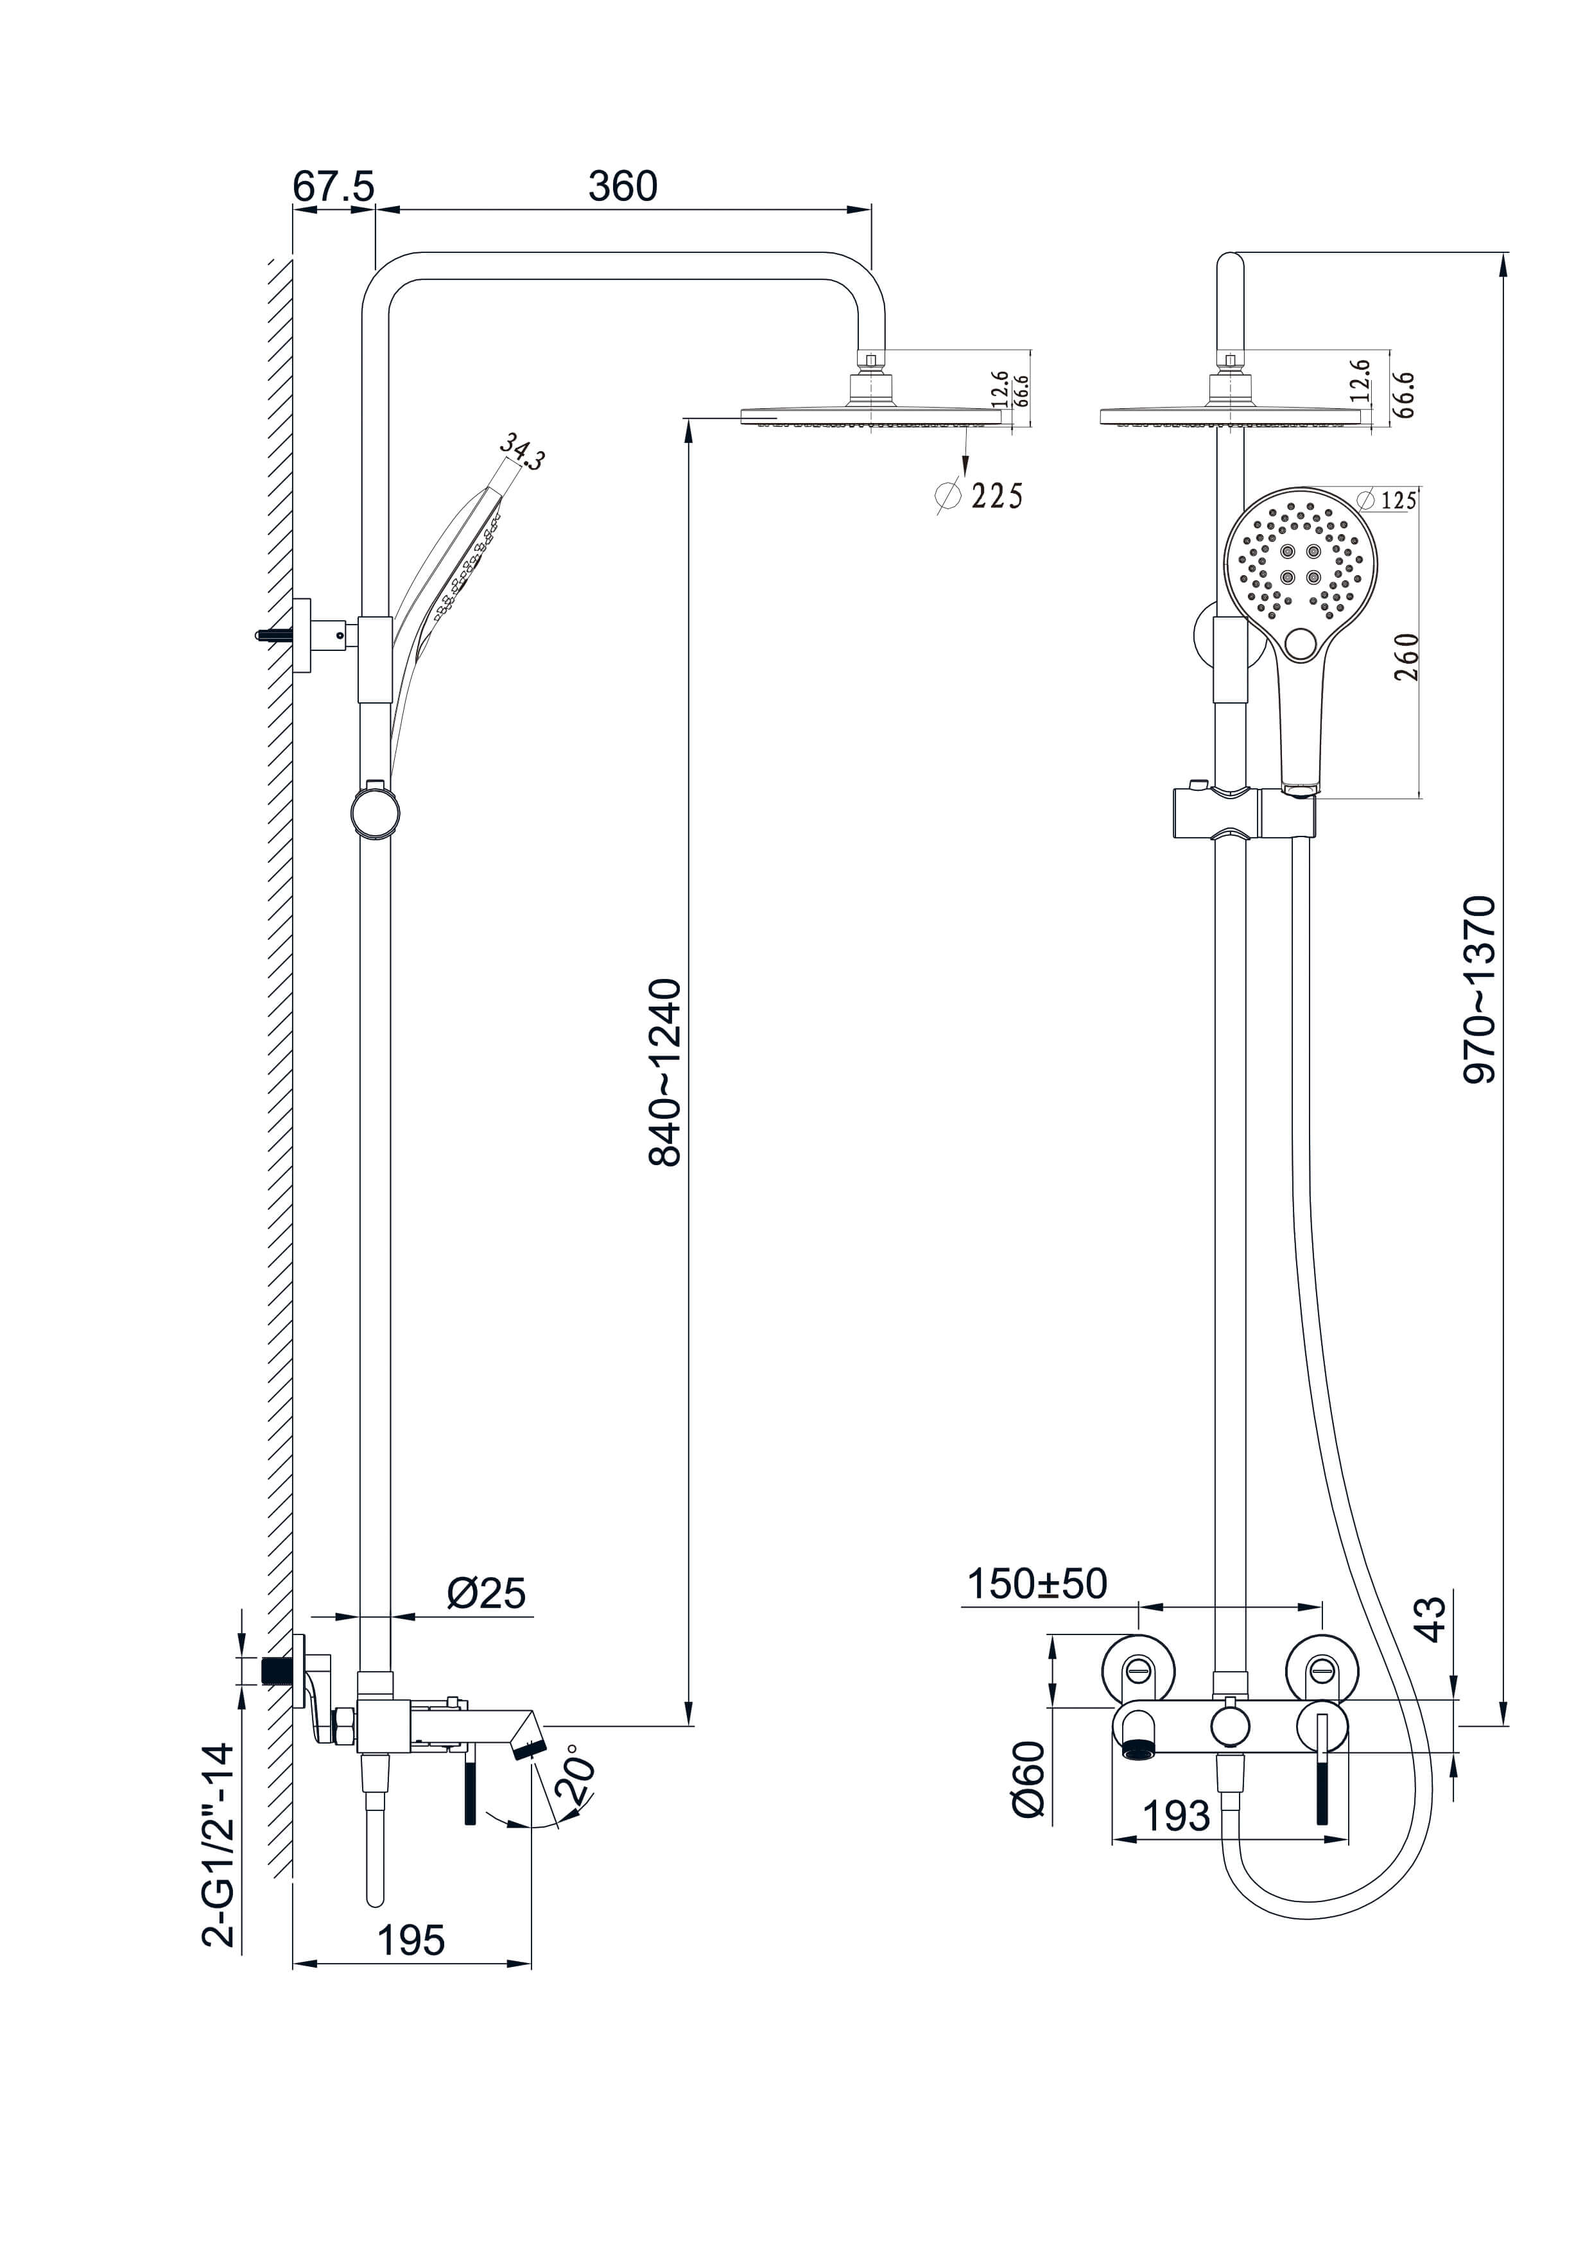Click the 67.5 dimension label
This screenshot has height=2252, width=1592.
pyautogui.click(x=334, y=186)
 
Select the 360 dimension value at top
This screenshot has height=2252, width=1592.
pyautogui.click(x=622, y=186)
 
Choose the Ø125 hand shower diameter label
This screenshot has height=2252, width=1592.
pyautogui.click(x=1387, y=500)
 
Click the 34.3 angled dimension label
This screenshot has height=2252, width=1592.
pyautogui.click(x=522, y=451)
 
